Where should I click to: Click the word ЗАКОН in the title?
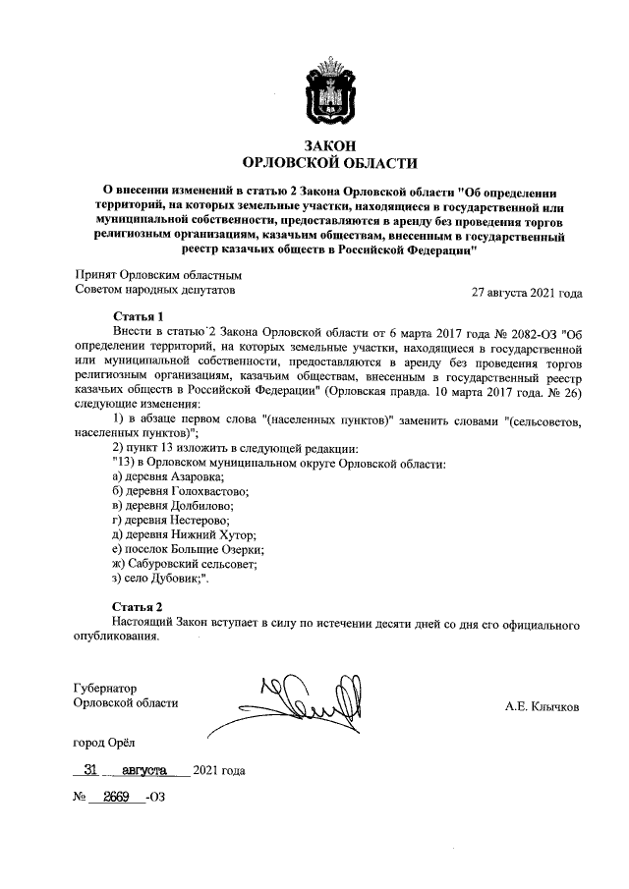click(x=329, y=145)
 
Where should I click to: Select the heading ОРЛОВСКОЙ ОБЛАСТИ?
click(x=329, y=163)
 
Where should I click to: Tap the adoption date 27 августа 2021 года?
click(x=527, y=293)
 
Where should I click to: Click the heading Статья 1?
click(x=138, y=316)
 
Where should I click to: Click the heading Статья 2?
click(x=138, y=606)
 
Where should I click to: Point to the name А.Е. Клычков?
click(x=542, y=704)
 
